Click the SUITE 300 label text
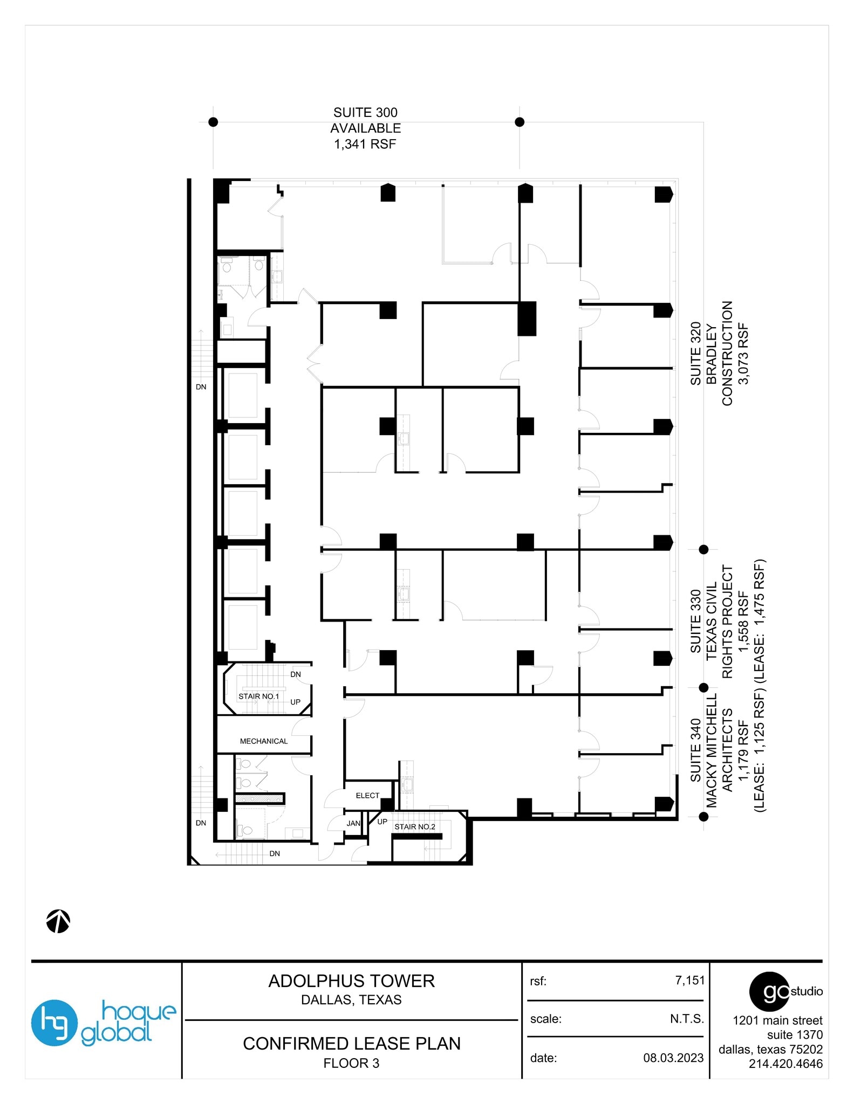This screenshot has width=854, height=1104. coord(365,113)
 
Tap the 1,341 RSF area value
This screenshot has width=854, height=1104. coord(365,144)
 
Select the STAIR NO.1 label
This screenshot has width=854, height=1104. coord(259,696)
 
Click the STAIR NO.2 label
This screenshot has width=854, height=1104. coord(414,827)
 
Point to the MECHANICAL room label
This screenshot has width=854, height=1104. coord(264,741)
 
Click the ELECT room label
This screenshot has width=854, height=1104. coord(367,796)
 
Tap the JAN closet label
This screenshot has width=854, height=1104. coord(353,823)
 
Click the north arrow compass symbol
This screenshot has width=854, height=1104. coord(58,921)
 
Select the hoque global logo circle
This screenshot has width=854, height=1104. coord(54,1023)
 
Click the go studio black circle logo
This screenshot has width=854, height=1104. coord(770,991)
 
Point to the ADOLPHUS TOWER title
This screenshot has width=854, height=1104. coord(351,981)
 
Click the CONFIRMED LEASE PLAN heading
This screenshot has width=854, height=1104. coord(351,1044)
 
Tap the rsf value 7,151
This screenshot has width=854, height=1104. coord(689,981)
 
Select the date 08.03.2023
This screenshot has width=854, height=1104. coord(673,1058)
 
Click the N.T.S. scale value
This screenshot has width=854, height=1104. coord(687,1019)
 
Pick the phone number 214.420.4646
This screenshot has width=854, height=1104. coord(785,1064)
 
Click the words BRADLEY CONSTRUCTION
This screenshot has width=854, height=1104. coord(719,354)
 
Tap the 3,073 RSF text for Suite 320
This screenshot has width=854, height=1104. coord(744,354)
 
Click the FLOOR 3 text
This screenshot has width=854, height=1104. coord(351,1063)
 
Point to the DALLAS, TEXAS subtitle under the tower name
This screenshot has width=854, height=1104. coord(351,1000)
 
